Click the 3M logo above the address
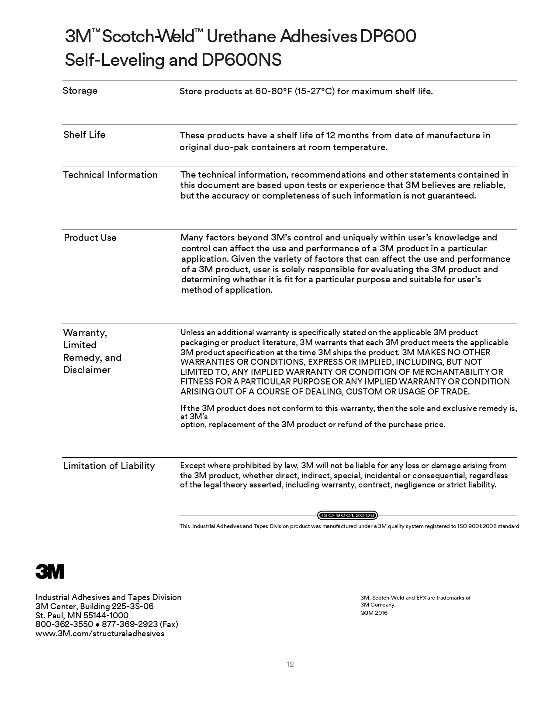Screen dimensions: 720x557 [x=49, y=571]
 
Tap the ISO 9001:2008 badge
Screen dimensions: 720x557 [x=347, y=515]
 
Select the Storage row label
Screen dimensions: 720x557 [x=80, y=91]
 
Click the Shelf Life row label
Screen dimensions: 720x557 [x=84, y=134]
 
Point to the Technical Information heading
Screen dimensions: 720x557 [x=110, y=175]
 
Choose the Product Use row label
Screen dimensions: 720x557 [x=90, y=238]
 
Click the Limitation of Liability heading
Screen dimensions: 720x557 [x=109, y=466]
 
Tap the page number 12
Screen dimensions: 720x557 [x=291, y=664]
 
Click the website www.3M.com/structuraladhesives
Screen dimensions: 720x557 [x=100, y=634]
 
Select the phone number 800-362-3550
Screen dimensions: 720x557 [x=64, y=624]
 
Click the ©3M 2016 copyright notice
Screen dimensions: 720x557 [x=374, y=613]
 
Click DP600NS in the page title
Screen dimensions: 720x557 [x=241, y=60]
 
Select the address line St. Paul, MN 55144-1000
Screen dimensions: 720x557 [x=82, y=615]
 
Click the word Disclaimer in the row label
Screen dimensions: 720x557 [x=86, y=370]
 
